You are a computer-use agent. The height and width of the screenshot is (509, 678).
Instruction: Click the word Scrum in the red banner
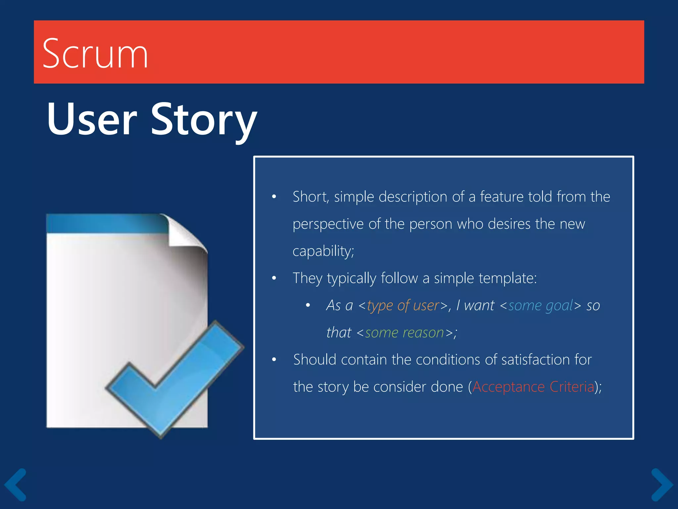coord(95,54)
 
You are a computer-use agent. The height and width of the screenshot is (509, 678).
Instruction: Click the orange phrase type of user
coord(403,306)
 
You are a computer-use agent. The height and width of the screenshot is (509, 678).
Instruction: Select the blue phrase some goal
coord(540,306)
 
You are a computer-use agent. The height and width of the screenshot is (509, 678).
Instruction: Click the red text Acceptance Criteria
coord(533,387)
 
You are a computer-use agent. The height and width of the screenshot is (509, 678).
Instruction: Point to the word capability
coord(323,251)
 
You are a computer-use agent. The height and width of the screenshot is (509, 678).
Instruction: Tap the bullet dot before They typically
coord(274,278)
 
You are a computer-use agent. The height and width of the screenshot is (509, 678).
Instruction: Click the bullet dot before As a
coord(308,306)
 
